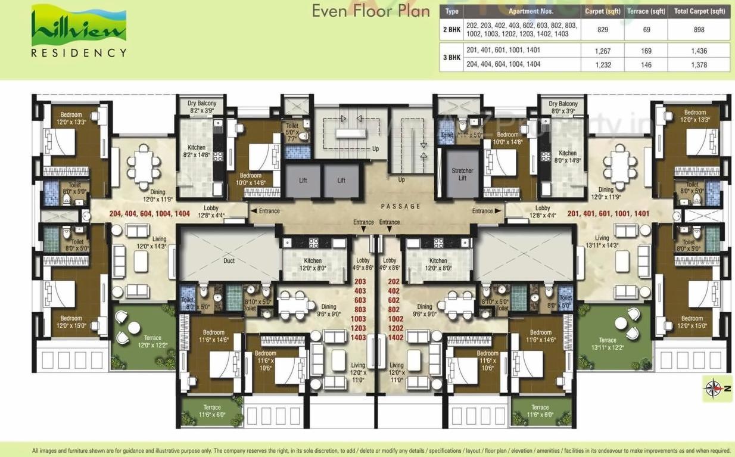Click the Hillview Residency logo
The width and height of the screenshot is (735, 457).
(x=79, y=31)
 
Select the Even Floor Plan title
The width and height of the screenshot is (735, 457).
(x=371, y=12)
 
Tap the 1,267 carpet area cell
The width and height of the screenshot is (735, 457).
(x=603, y=51)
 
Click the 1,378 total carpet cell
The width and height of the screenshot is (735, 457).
(x=699, y=65)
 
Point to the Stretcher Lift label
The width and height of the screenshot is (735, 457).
(x=462, y=175)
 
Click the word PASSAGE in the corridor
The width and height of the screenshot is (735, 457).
(x=401, y=207)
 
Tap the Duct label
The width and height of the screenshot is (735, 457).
(x=229, y=260)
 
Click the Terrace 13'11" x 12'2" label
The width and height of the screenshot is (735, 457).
(x=608, y=344)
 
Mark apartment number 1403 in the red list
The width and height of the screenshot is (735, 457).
(x=360, y=338)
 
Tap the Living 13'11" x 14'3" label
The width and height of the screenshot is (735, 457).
(x=602, y=241)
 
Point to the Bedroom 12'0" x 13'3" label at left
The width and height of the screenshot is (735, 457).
(x=71, y=117)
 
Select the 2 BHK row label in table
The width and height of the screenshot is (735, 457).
(x=451, y=29)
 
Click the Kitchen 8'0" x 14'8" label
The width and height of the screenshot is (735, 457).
(x=567, y=156)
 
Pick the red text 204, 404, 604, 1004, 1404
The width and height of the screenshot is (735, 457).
(x=150, y=213)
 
